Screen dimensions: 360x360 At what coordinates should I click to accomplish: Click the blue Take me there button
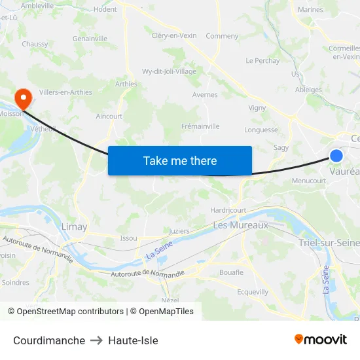pos(179,160)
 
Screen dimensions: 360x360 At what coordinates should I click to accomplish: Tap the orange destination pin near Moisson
pos(24,99)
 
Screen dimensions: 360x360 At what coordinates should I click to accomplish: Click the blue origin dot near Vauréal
pos(336,156)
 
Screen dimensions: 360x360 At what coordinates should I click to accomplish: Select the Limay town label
pos(74,226)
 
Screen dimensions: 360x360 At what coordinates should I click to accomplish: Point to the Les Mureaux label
pos(241,225)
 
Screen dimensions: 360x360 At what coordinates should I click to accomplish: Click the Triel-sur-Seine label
pos(329,243)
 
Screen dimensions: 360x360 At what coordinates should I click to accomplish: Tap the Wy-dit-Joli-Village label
pos(169,71)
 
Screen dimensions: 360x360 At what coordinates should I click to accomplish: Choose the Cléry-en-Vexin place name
pos(173,36)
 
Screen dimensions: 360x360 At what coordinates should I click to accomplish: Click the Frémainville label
pos(200,126)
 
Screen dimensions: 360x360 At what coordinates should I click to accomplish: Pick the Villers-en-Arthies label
pos(65,92)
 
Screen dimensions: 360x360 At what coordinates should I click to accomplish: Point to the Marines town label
pos(310,10)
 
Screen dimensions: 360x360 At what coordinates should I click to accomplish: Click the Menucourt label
pos(309,181)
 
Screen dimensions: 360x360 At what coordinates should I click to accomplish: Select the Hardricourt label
pos(228,210)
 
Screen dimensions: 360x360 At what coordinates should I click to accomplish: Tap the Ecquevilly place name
pos(253,292)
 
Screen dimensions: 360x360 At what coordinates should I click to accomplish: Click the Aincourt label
pos(109,117)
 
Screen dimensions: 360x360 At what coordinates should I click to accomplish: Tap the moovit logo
pos(321,340)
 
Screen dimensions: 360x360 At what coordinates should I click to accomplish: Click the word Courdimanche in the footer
pos(49,340)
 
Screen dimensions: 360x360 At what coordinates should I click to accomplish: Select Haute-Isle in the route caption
pos(133,340)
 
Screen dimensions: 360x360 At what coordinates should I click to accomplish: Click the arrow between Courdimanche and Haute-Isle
pos(97,340)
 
